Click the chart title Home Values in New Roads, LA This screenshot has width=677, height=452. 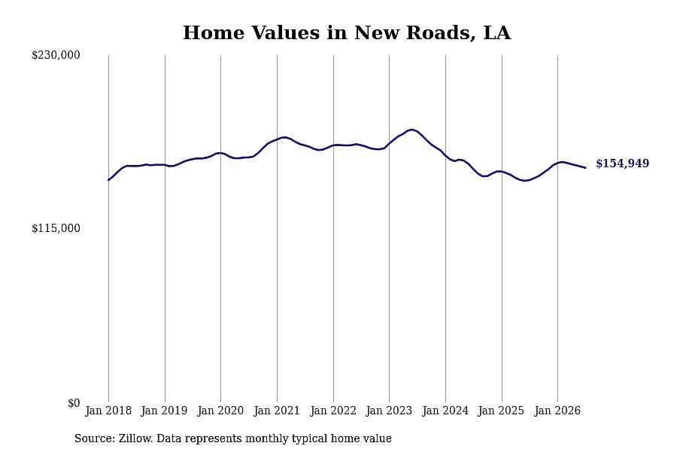pos(347,33)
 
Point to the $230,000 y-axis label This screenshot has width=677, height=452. pos(56,55)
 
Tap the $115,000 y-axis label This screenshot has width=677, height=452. pos(56,228)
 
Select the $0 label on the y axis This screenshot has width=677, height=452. pos(74,403)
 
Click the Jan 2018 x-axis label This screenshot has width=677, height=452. pos(108,411)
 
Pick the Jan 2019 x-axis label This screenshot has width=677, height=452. pos(164,411)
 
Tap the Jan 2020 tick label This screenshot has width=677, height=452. pos(220,411)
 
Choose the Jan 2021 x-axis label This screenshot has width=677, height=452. pos(277,411)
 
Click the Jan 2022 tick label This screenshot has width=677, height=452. pos(333,411)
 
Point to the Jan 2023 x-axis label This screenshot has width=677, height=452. pos(389,411)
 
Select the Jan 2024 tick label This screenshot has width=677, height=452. pos(445,411)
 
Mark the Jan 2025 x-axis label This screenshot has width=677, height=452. pos(501,411)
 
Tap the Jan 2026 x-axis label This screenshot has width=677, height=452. pos(557,411)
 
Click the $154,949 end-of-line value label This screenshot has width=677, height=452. pos(623,163)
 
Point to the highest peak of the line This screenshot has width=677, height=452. pos(412,130)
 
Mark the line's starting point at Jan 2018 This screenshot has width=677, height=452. pos(108,179)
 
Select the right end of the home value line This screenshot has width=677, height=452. pos(585,168)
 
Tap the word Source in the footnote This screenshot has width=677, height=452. pos(95,438)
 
